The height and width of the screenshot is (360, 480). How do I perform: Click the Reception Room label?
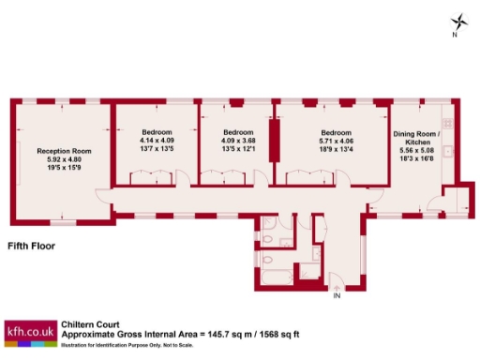64,151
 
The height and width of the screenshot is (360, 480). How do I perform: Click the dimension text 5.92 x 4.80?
64,159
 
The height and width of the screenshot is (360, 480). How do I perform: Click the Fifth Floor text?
31,247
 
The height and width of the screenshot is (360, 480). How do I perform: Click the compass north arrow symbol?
457,22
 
